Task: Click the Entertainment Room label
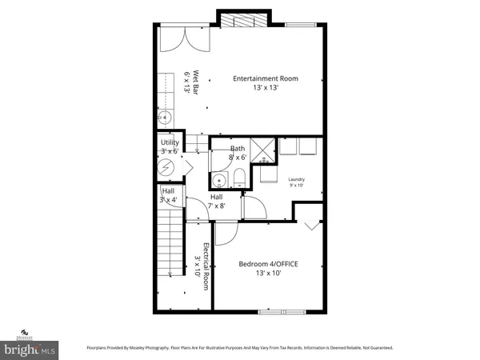point(266,78)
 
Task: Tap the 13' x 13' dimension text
point(266,88)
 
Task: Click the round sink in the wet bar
point(166,118)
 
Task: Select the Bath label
point(238,149)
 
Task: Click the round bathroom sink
point(218,179)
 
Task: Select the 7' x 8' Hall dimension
point(218,206)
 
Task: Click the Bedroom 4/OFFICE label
point(269,263)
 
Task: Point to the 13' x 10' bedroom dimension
point(269,274)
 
